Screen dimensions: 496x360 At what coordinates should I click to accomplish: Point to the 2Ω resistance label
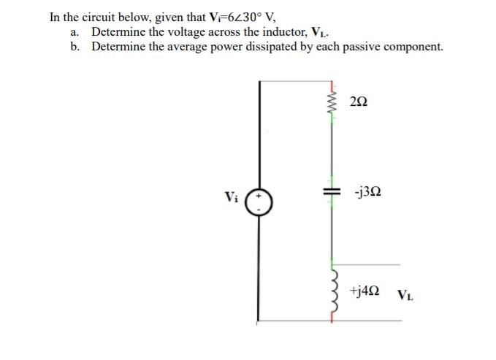click(359, 102)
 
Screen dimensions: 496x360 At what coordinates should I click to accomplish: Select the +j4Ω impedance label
click(365, 290)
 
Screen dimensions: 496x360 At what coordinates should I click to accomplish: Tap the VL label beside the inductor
click(406, 296)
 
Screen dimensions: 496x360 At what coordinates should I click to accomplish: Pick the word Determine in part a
click(117, 31)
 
